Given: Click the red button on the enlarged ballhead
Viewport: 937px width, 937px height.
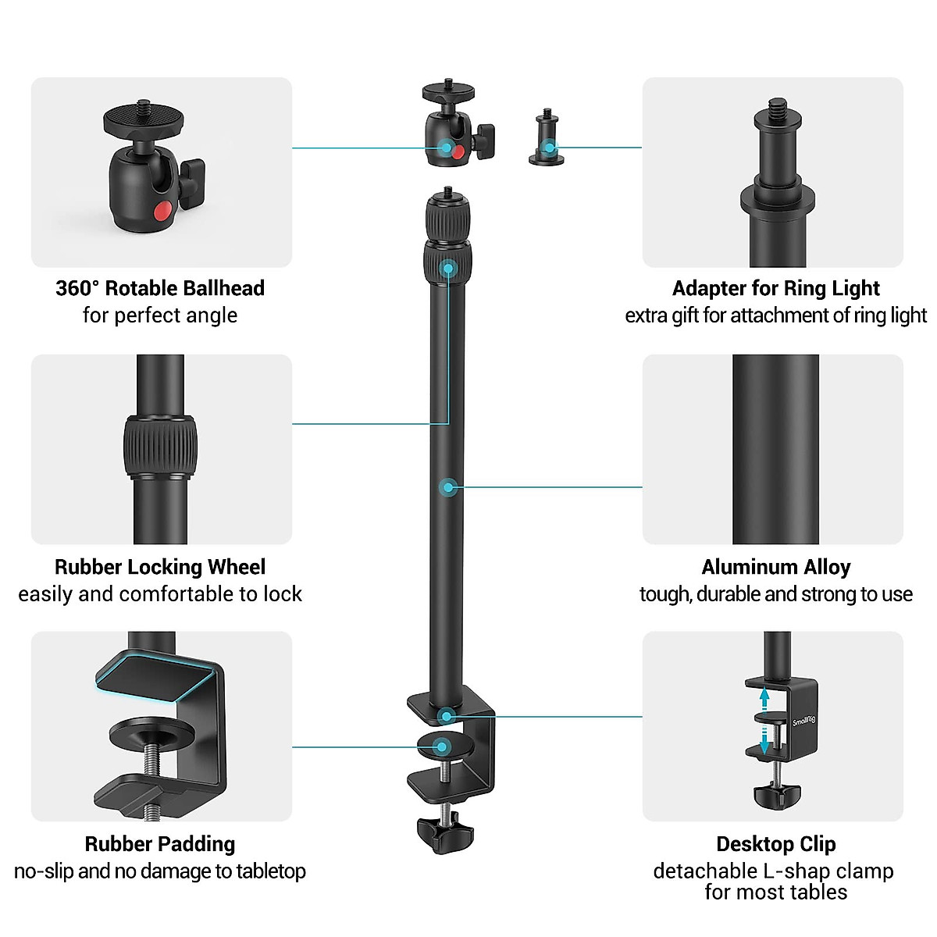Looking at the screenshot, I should pos(162,211).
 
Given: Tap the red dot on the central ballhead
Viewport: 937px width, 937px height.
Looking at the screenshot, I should pos(458,151).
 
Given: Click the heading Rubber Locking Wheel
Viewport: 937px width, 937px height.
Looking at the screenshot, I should pos(160,567).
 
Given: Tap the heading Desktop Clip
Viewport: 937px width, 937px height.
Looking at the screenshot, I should pos(775,844).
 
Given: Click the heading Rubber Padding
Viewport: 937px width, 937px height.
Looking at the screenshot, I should pos(160,844).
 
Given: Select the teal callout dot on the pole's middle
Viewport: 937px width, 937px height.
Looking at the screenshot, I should pos(447,487).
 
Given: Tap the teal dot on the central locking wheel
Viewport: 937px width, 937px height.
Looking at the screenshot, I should pos(447,269).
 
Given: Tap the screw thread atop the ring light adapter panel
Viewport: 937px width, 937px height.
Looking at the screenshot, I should pos(777,108).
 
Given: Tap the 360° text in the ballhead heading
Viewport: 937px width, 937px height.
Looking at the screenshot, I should pos(78,288).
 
